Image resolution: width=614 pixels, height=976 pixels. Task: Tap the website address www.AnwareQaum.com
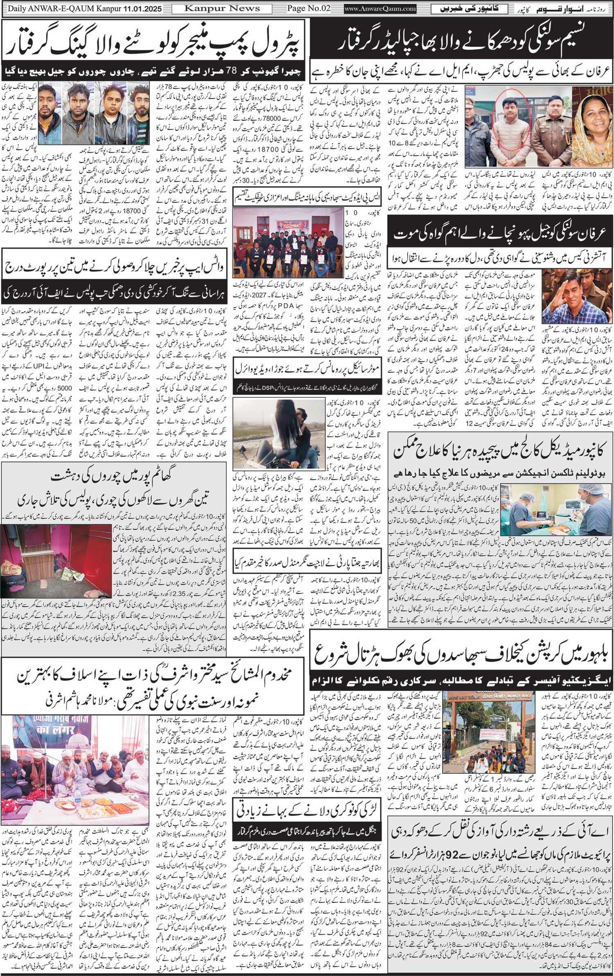[380, 9]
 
